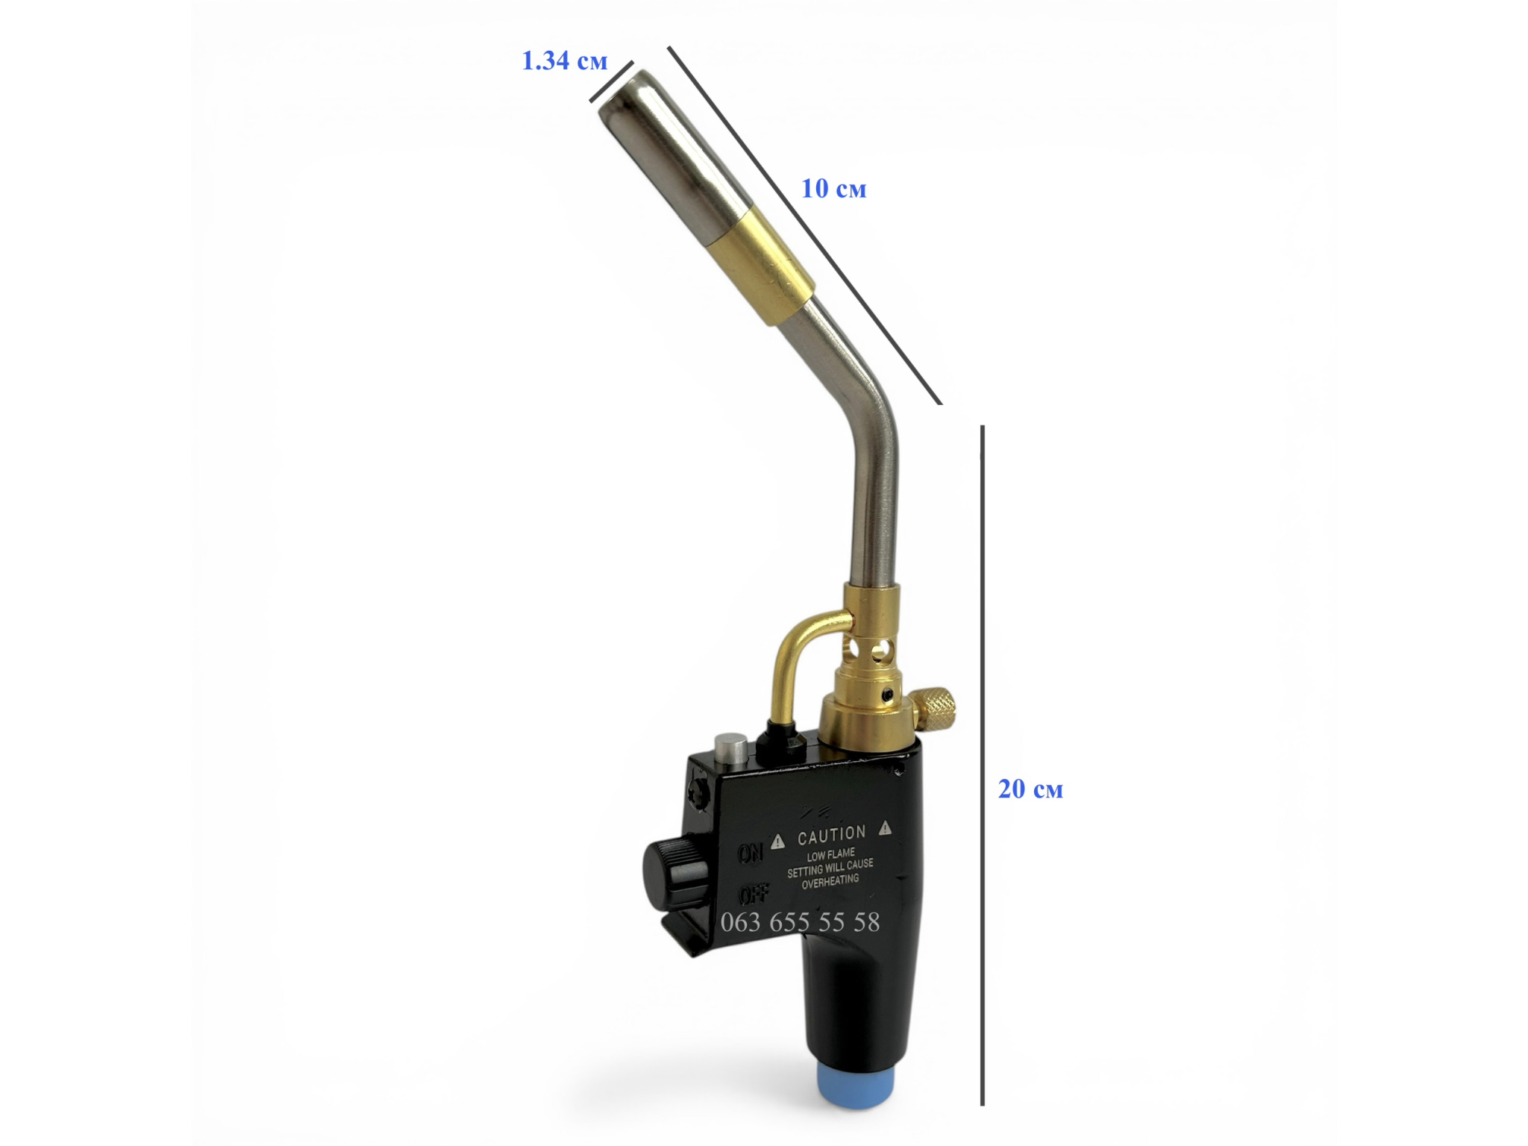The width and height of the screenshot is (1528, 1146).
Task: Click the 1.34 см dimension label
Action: [565, 60]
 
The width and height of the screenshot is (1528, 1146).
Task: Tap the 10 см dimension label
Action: [833, 189]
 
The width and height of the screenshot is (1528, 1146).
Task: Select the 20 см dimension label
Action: [1030, 789]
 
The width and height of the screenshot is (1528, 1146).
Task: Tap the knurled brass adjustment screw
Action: [934, 709]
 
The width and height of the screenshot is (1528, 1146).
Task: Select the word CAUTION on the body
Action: [832, 835]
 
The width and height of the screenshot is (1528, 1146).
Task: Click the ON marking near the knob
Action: [751, 853]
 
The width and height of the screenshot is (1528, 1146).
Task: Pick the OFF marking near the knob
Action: [754, 894]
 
